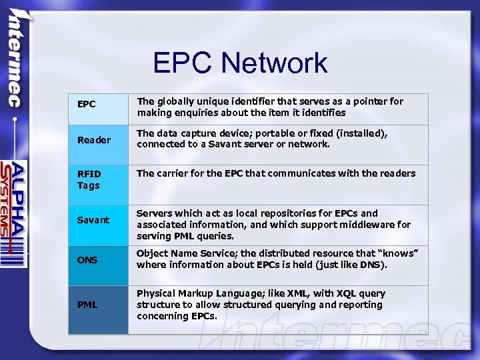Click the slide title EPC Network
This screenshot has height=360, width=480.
pyautogui.click(x=240, y=63)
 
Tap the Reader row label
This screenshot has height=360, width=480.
pyautogui.click(x=94, y=140)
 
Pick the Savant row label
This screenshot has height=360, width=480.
pyautogui.click(x=93, y=220)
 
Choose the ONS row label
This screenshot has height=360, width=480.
pyautogui.click(x=87, y=260)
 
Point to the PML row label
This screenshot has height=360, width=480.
pyautogui.click(x=87, y=305)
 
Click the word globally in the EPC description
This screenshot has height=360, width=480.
pyautogui.click(x=177, y=101)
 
